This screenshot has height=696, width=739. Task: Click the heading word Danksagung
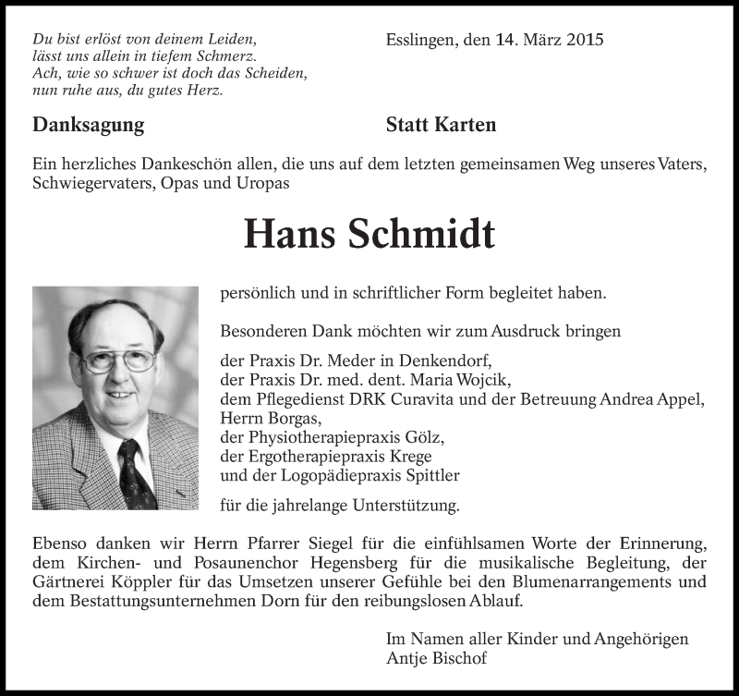(x=89, y=125)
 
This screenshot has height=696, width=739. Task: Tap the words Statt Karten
(x=441, y=125)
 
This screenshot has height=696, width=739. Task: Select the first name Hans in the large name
(x=289, y=236)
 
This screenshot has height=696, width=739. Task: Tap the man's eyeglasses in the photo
(x=118, y=359)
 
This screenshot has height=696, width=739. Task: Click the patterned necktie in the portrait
(x=135, y=472)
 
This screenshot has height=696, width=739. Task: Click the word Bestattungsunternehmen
(x=163, y=601)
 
